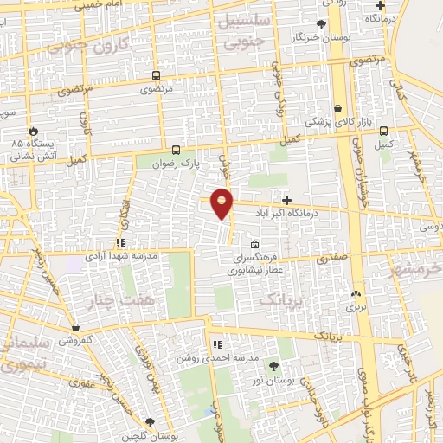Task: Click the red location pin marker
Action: [222, 203]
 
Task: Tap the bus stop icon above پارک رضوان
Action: [177, 149]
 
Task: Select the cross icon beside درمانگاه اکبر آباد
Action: [286, 199]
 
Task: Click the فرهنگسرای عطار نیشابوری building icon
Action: [254, 245]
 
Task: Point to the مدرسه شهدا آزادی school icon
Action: [121, 243]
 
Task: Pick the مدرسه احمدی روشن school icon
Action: [217, 345]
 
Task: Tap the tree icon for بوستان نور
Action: [275, 367]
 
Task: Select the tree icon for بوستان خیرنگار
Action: [322, 24]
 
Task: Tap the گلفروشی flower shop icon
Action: [77, 327]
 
